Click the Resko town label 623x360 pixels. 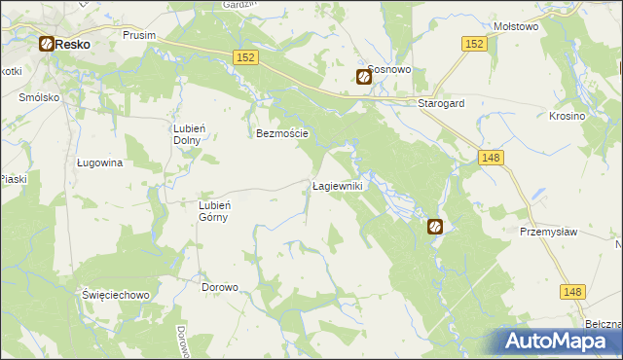coord(72,45)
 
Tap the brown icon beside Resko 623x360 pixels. coord(46,44)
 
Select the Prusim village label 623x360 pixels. coord(139,34)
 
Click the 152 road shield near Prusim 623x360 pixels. coord(245,58)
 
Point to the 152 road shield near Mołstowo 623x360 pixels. coord(474,44)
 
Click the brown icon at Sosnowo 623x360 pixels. coord(364,77)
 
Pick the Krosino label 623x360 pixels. coord(567,116)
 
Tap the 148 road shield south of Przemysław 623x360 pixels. coord(573,290)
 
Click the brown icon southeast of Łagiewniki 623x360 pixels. coord(435,227)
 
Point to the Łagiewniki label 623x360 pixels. coord(337,185)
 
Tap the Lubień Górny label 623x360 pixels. coord(213,211)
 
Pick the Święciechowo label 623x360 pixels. coord(115,294)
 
